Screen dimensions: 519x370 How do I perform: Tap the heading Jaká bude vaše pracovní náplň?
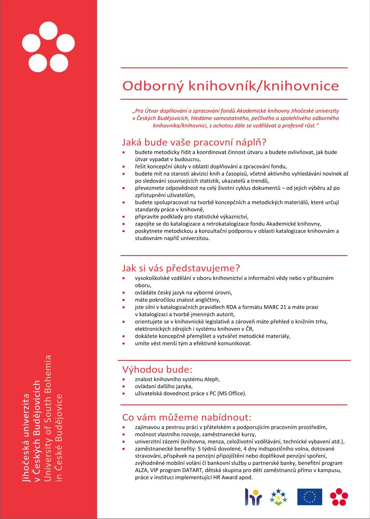[x=194, y=142]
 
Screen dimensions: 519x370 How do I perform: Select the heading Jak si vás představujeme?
[x=181, y=268]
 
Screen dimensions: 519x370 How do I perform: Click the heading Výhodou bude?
[x=157, y=369]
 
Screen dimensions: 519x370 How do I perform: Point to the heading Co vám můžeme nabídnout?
[x=187, y=417]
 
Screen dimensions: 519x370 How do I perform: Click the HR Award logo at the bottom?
[x=253, y=497]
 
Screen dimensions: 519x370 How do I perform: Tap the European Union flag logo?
[x=310, y=497]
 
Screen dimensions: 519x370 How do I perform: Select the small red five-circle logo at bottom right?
[x=339, y=497]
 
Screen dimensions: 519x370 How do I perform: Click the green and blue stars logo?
[x=278, y=497]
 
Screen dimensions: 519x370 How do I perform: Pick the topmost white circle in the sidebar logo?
[x=48, y=31]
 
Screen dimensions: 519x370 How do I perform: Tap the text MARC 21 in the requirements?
[x=275, y=307]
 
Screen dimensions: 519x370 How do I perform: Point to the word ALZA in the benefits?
[x=141, y=470]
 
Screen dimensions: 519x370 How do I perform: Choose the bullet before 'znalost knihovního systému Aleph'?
[x=124, y=379]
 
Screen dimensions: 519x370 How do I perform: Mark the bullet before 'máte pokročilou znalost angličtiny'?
[x=124, y=300]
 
